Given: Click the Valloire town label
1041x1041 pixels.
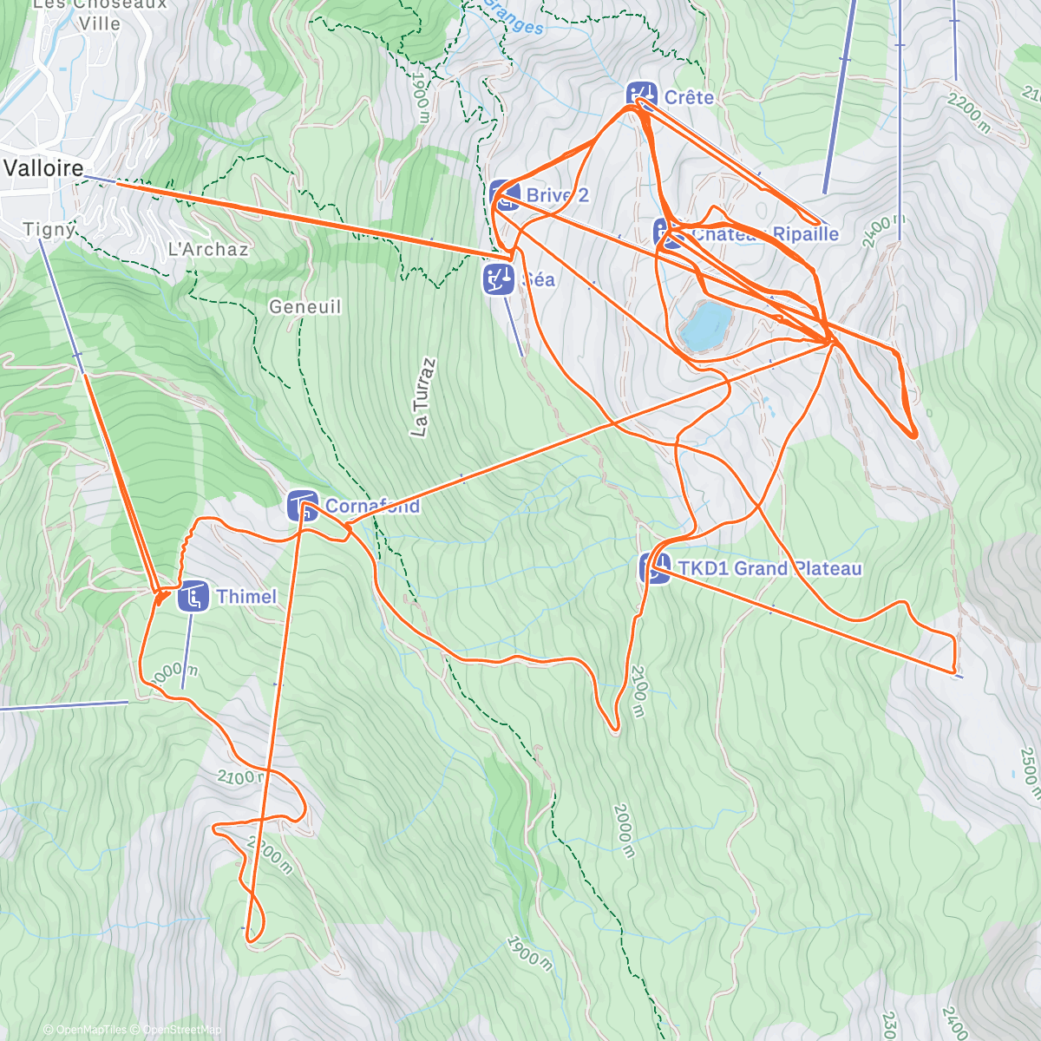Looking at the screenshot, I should pos(44,168).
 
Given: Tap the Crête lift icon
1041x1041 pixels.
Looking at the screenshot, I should pos(640,95).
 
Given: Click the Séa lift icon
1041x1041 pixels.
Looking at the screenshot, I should pos(498,279).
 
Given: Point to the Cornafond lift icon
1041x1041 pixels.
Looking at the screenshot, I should pos(303,505).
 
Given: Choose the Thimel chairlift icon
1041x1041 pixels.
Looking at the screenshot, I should pos(193,597).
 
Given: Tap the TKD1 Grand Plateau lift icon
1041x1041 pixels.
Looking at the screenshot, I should pos(655,568).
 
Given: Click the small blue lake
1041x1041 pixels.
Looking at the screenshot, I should pos(706,324).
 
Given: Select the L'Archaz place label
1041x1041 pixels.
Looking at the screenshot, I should pos(208,250).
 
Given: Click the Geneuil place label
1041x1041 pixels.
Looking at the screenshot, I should pos(304,307).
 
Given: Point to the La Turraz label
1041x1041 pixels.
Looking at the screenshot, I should pos(422,396).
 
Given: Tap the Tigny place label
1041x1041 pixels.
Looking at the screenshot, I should pos(49,230).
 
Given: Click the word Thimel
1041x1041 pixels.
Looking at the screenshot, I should pos(246,597).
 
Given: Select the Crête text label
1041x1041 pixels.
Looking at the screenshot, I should pos(689,97).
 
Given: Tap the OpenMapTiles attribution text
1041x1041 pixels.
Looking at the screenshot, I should pos(85,1030).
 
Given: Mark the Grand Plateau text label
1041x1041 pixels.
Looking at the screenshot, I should pos(798,569).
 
